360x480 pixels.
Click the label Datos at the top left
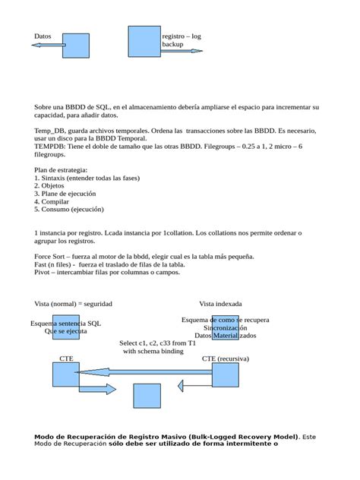43,36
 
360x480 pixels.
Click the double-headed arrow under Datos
48,46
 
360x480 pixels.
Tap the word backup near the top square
172,45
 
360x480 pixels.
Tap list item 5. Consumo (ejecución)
68,210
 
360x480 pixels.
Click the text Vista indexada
221,303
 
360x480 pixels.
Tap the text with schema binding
153,352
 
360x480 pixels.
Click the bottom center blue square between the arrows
147,396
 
